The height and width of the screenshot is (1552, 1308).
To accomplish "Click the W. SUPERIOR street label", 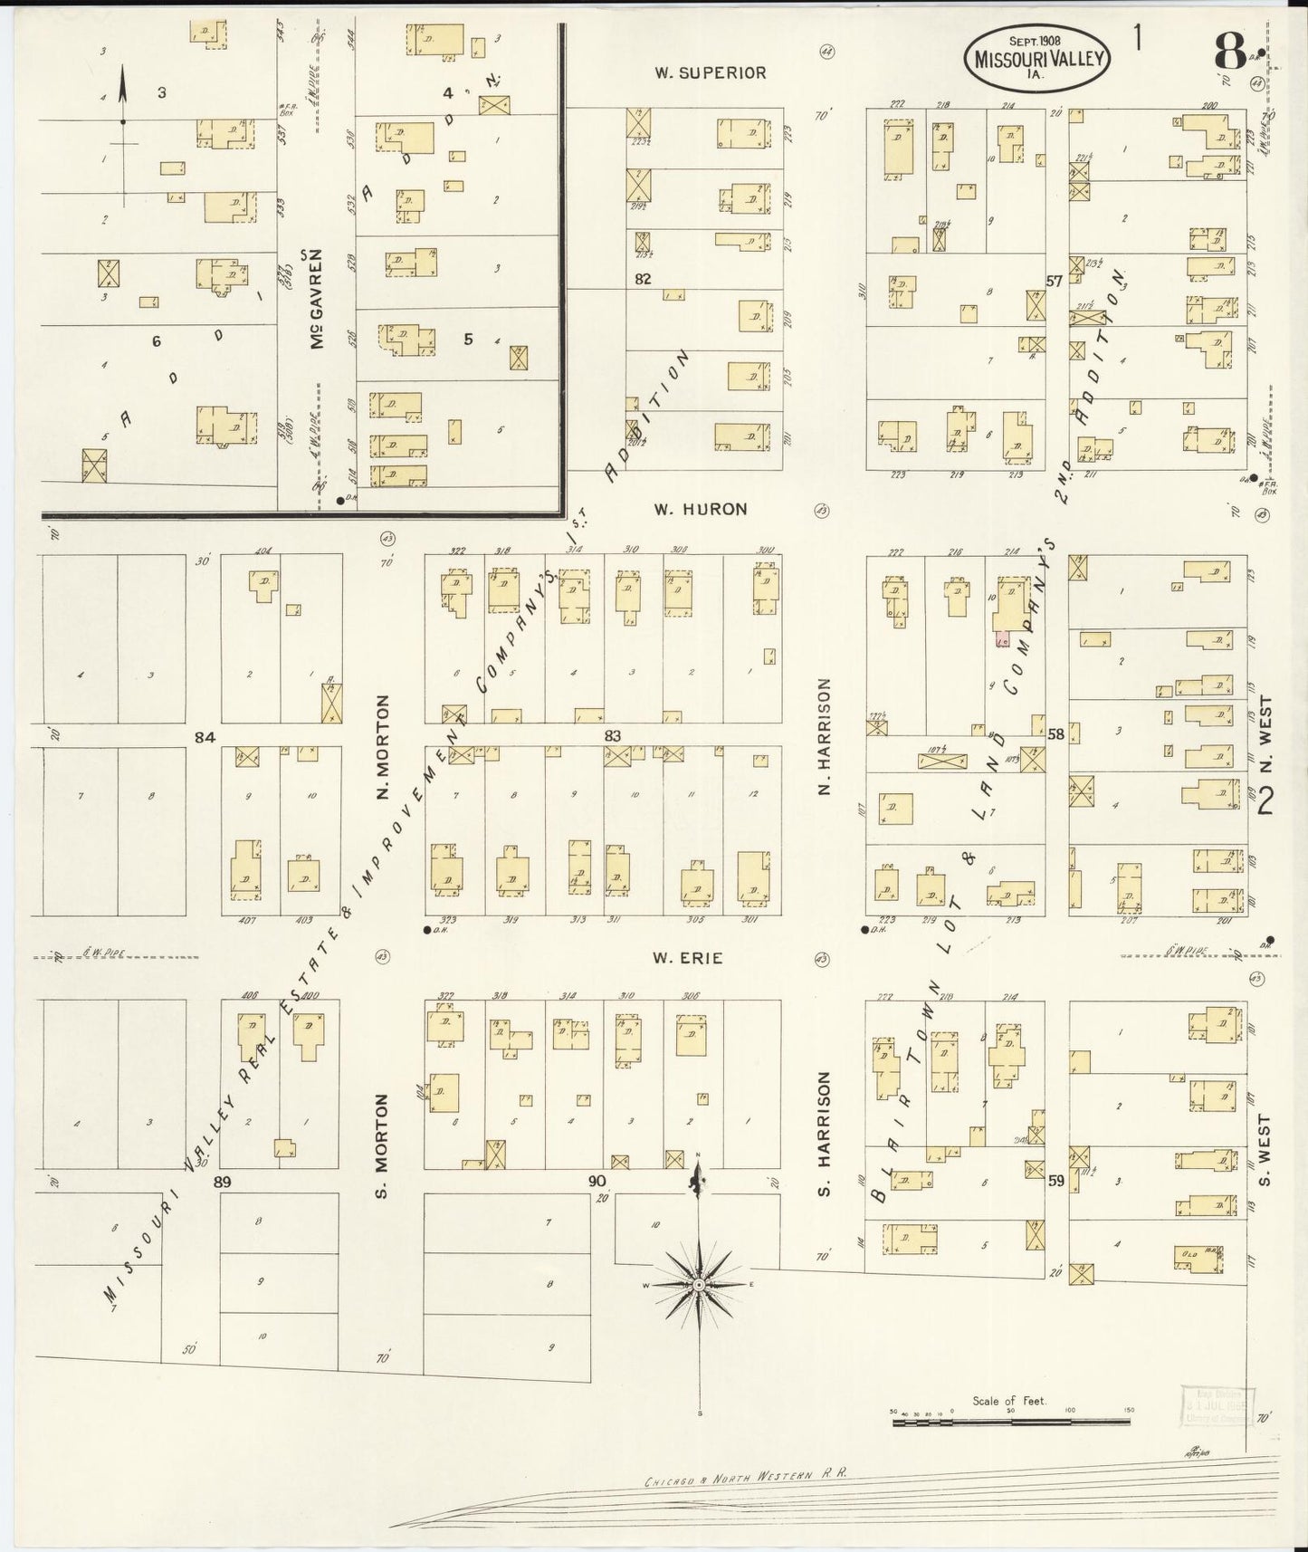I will [x=711, y=72].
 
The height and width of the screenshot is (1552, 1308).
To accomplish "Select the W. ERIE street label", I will [x=688, y=958].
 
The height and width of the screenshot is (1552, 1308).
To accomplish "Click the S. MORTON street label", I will [x=382, y=1145].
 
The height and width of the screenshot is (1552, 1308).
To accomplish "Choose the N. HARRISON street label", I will [x=825, y=737].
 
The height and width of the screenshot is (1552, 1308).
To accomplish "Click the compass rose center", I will [x=699, y=1285].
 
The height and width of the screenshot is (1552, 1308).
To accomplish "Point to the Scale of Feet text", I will [x=1008, y=1401].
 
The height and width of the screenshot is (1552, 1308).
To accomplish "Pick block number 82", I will [x=642, y=279].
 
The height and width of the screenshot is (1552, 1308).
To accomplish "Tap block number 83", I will [x=613, y=735].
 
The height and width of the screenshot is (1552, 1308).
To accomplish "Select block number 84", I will [x=205, y=738].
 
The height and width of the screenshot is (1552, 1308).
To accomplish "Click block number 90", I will [x=597, y=1181].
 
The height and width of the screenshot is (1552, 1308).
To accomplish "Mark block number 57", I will [x=1054, y=282].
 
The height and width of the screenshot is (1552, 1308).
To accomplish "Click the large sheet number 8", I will [x=1229, y=52].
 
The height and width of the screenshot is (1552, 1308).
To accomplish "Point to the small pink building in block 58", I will [x=1002, y=639].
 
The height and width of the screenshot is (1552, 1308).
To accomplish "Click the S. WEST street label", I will [x=1265, y=1150].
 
